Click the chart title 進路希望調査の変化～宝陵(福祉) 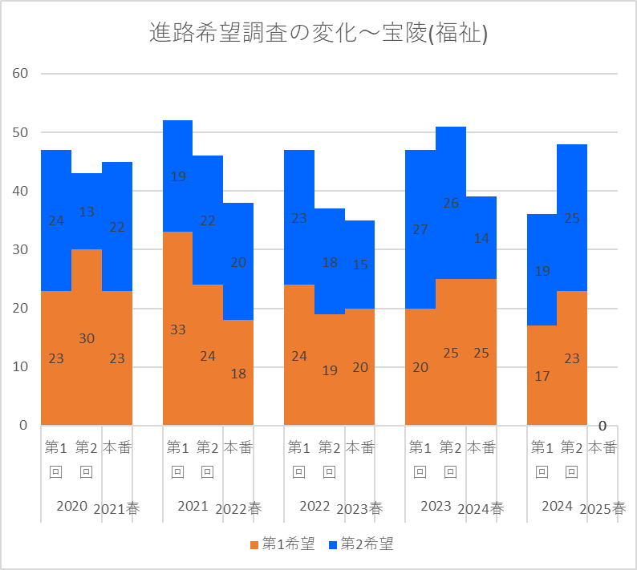click(318, 34)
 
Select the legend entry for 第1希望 click(282, 544)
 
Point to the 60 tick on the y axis click(20, 74)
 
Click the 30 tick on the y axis click(20, 249)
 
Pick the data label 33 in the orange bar click(178, 329)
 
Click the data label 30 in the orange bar click(87, 338)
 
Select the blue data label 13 click(87, 212)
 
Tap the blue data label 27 click(420, 229)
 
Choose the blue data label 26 click(451, 204)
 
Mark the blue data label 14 click(481, 238)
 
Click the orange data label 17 click(542, 375)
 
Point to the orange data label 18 click(238, 373)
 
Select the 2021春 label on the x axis click(116, 508)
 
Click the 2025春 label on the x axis click(603, 508)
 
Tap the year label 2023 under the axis click(436, 506)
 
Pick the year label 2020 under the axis click(71, 506)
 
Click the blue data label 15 click(360, 265)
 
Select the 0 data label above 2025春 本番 click(602, 426)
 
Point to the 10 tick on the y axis click(20, 367)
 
